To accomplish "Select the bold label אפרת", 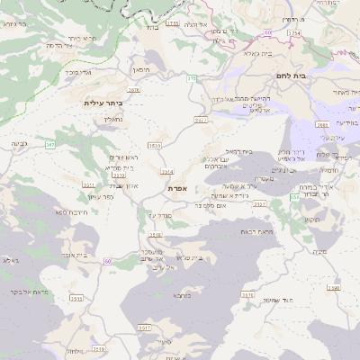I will click(x=176, y=188).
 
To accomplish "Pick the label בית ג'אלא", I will click(x=258, y=54).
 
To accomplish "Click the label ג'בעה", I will click(x=19, y=144).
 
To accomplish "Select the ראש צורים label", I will click(x=121, y=157).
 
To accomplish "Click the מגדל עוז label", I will click(x=157, y=215).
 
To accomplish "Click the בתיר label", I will click(x=150, y=27).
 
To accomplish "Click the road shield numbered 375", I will click(x=191, y=79).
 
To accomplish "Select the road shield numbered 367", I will click(x=50, y=144).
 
